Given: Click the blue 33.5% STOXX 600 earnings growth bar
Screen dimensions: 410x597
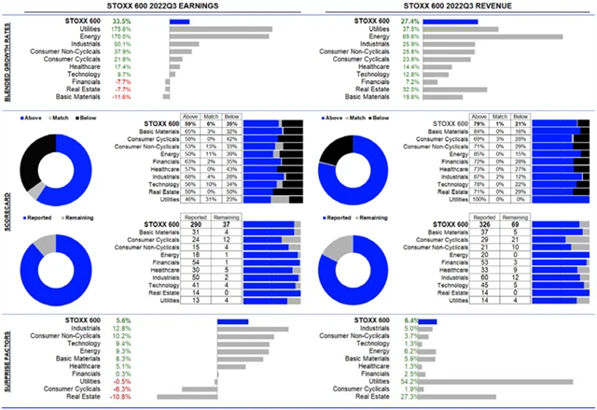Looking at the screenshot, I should (x=179, y=21).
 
